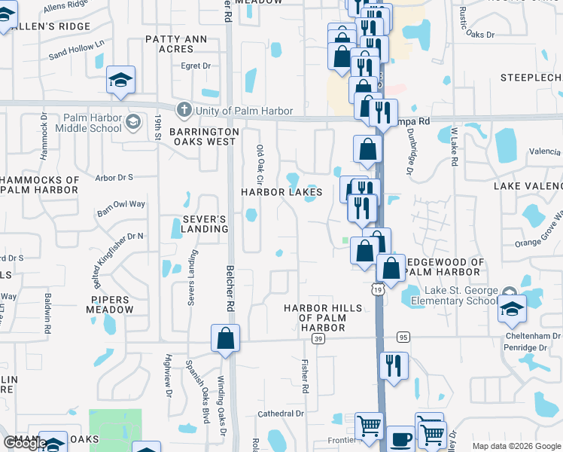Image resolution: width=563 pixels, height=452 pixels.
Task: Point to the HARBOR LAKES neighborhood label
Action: tap(281, 192)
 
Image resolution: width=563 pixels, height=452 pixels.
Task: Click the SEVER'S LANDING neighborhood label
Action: tap(194, 224)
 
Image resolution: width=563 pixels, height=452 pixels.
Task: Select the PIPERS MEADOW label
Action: tap(111, 304)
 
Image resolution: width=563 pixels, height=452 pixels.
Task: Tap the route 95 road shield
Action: tap(404, 337)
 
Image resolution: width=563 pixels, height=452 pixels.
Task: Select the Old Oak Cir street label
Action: tap(260, 164)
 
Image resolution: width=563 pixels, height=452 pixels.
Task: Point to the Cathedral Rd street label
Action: tap(280, 414)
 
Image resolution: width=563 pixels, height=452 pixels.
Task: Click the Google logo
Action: tap(24, 443)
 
